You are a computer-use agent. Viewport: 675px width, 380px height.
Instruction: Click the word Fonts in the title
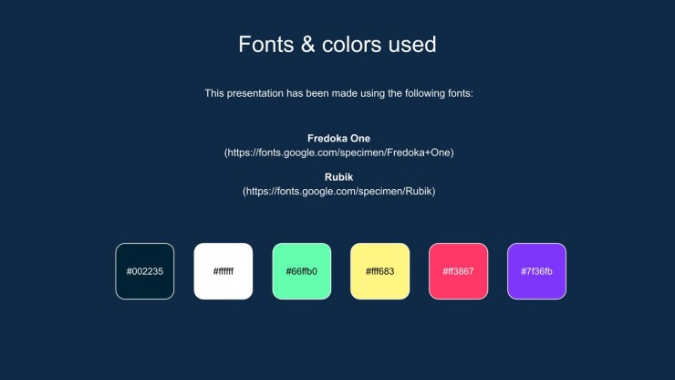coord(266,45)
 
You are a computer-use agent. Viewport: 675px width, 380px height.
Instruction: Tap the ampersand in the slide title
coord(307,45)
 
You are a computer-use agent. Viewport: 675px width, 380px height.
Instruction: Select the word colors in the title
coord(352,45)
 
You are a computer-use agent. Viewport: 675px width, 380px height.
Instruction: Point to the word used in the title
coord(412,45)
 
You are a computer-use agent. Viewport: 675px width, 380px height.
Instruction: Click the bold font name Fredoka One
coord(338,139)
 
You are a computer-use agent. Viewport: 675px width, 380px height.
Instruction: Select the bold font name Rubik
coord(338,177)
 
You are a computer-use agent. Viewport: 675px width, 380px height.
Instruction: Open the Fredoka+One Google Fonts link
coord(338,153)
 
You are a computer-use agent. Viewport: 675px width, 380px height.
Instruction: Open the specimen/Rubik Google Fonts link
coord(338,192)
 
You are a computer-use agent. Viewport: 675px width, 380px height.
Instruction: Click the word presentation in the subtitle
coord(254,93)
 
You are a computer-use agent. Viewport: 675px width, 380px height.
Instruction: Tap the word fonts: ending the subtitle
coord(461,93)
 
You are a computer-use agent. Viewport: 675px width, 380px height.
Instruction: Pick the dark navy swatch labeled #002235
coord(145,271)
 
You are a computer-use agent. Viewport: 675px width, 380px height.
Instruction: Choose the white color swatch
coord(223,271)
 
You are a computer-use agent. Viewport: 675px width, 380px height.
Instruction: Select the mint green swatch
coord(302,271)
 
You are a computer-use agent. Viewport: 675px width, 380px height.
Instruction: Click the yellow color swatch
coord(380,271)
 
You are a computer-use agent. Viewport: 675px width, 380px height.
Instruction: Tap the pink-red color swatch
coord(459,271)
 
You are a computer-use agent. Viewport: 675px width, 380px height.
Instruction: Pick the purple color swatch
coord(537,271)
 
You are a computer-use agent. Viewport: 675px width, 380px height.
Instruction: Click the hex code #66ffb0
coord(302,271)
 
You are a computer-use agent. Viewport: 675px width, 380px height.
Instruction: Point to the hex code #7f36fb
coord(537,271)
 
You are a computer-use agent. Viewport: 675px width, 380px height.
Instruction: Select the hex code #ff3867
coord(459,271)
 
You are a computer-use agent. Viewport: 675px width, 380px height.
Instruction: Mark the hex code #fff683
coord(380,271)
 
